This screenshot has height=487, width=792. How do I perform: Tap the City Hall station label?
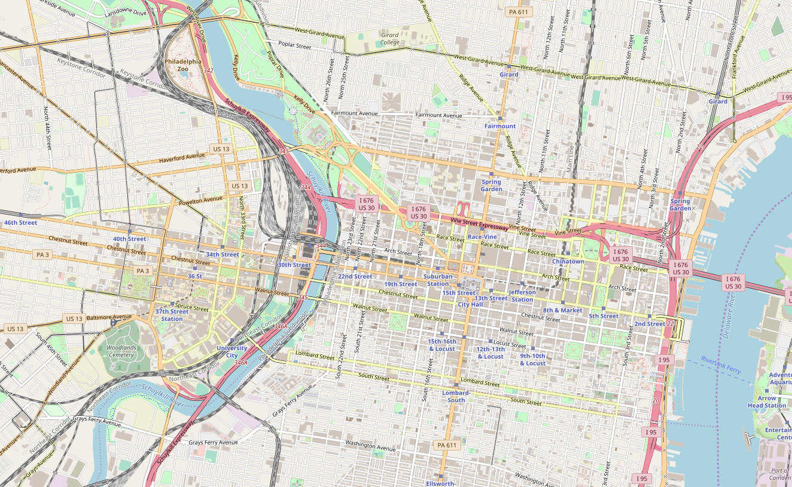(x=470, y=304)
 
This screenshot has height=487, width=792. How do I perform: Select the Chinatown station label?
(x=568, y=262)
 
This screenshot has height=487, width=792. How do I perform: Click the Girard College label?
(x=389, y=39)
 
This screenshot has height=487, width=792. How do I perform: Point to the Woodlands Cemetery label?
(x=121, y=351)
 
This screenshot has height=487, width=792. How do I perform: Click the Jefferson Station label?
(x=522, y=296)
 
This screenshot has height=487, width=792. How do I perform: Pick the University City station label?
(x=231, y=351)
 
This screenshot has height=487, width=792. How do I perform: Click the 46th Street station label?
(x=20, y=222)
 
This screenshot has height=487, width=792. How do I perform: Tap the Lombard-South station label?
(x=456, y=396)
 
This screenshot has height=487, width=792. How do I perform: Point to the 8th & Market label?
(x=562, y=310)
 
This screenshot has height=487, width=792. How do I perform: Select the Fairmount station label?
(x=499, y=126)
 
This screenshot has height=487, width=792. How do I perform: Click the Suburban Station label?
(x=438, y=280)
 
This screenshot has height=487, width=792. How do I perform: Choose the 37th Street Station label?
(x=172, y=315)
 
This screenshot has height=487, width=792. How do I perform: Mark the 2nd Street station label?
(x=650, y=324)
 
